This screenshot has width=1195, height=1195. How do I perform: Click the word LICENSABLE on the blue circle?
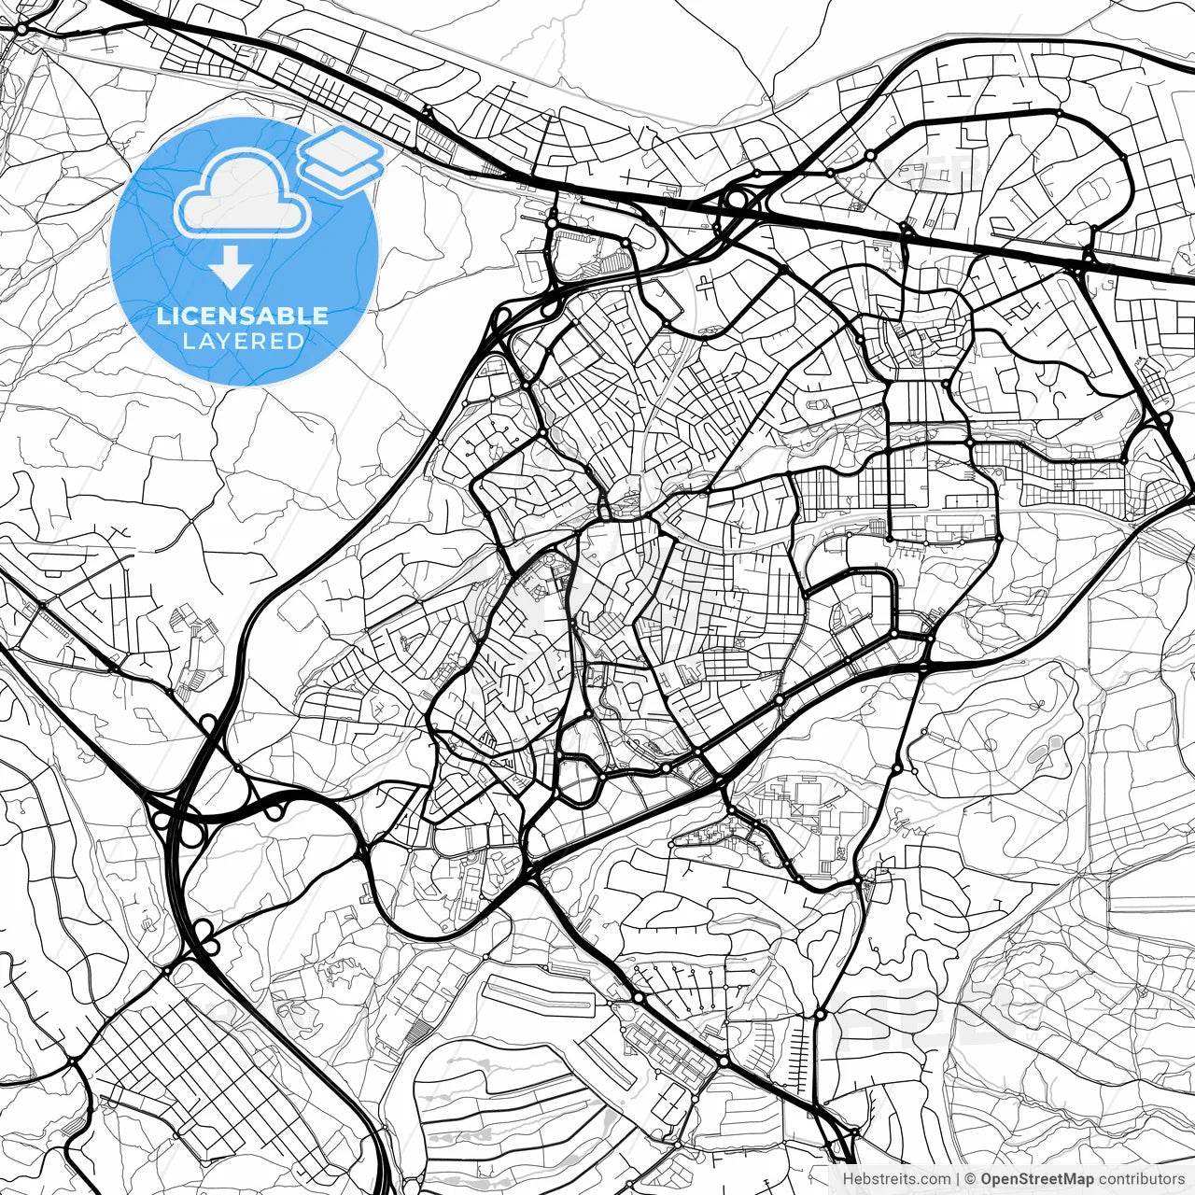(x=243, y=316)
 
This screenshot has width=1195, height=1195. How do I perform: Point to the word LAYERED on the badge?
(x=243, y=341)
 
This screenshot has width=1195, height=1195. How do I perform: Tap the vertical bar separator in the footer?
(x=959, y=1179)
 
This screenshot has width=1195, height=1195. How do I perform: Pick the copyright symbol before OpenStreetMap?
(x=971, y=1179)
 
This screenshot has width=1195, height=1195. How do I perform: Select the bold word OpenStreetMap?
(x=1033, y=1179)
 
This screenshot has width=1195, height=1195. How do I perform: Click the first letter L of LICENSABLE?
(x=162, y=316)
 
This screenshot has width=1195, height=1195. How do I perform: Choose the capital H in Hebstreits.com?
(x=848, y=1179)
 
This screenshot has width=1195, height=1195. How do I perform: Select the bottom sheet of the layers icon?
(x=341, y=173)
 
